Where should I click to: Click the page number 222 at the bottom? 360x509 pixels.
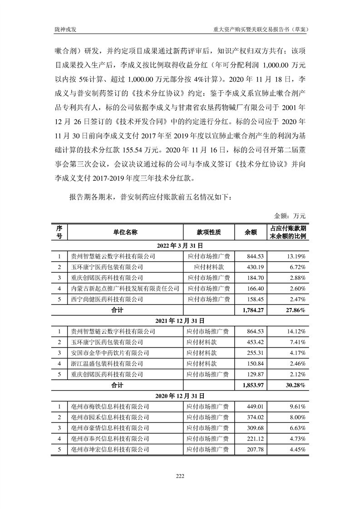pos(180,475)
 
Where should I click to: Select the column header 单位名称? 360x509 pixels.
pos(125,232)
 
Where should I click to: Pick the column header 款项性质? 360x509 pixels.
pos(208,232)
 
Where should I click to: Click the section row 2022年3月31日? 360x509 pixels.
pos(180,245)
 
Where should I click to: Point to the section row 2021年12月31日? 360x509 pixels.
pos(180,320)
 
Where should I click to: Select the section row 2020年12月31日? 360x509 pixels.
pos(180,396)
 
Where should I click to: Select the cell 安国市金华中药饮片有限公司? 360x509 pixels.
pos(107,353)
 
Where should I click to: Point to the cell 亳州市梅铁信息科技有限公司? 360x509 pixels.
pos(107,406)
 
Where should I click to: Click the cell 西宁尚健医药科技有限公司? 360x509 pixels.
pos(104,299)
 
